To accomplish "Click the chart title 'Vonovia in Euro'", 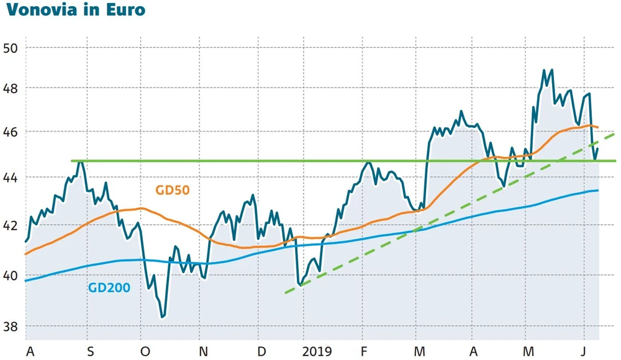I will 75,11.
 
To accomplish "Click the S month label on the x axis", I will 91,351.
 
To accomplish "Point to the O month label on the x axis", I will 145,351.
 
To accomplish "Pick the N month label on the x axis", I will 203,351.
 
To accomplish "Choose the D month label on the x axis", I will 261,351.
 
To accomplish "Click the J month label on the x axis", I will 584,351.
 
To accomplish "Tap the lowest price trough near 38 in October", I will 163,317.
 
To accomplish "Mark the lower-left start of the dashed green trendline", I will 286,292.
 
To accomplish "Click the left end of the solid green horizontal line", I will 72,161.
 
